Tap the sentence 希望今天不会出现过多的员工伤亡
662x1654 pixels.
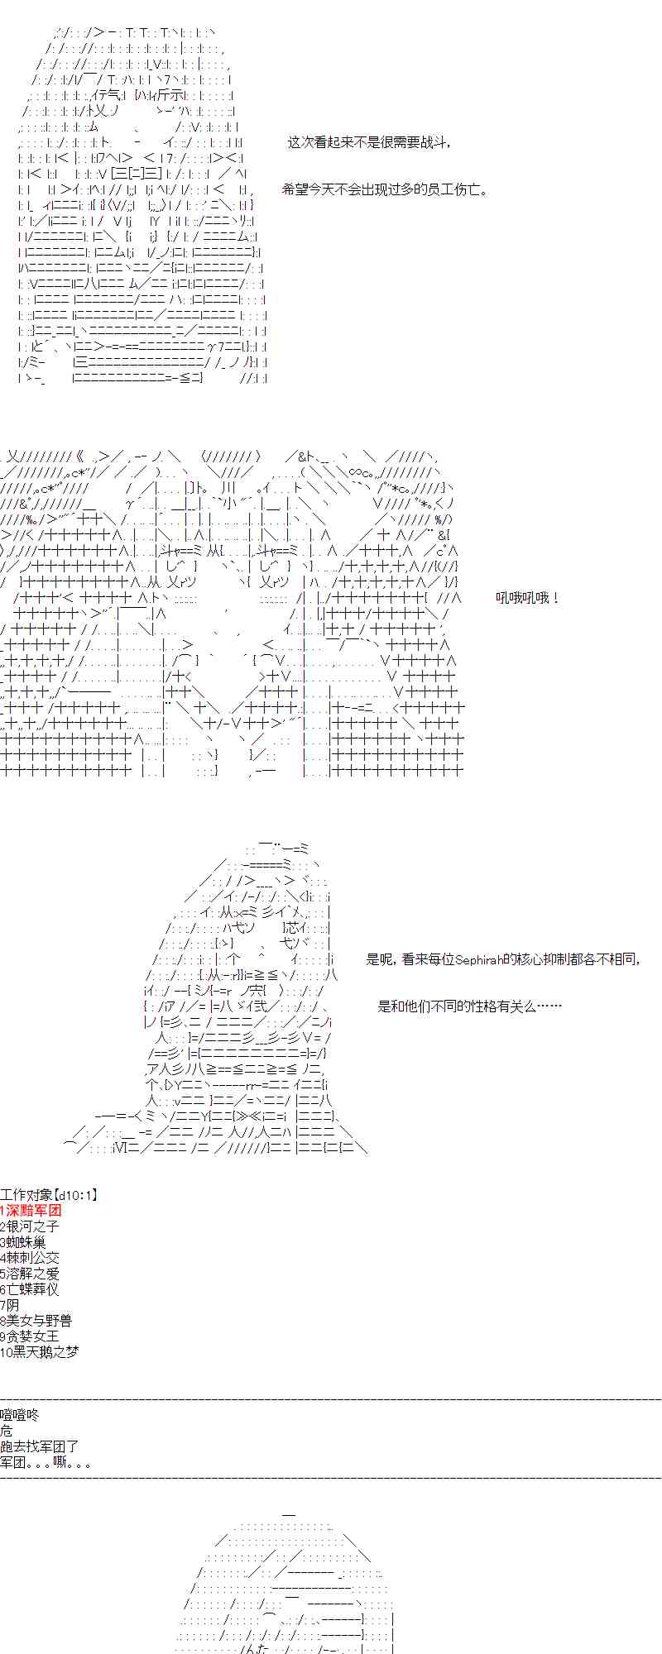click(385, 189)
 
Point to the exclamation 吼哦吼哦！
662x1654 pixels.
click(528, 598)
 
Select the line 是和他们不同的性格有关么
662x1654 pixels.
click(469, 1006)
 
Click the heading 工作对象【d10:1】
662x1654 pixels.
click(49, 1195)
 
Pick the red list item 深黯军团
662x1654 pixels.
click(33, 1211)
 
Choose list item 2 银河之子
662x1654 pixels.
click(31, 1226)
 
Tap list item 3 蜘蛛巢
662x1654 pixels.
click(24, 1242)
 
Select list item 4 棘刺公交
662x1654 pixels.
click(31, 1258)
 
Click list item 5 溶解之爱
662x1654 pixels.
click(31, 1274)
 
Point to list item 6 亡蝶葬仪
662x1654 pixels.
click(31, 1289)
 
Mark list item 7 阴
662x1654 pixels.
click(10, 1305)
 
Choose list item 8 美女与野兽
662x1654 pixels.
click(36, 1321)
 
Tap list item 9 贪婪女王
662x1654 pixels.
click(31, 1336)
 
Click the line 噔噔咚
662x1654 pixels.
click(20, 1415)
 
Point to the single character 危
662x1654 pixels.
click(7, 1431)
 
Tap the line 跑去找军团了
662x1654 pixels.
click(40, 1446)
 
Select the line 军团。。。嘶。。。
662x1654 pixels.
click(46, 1462)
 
